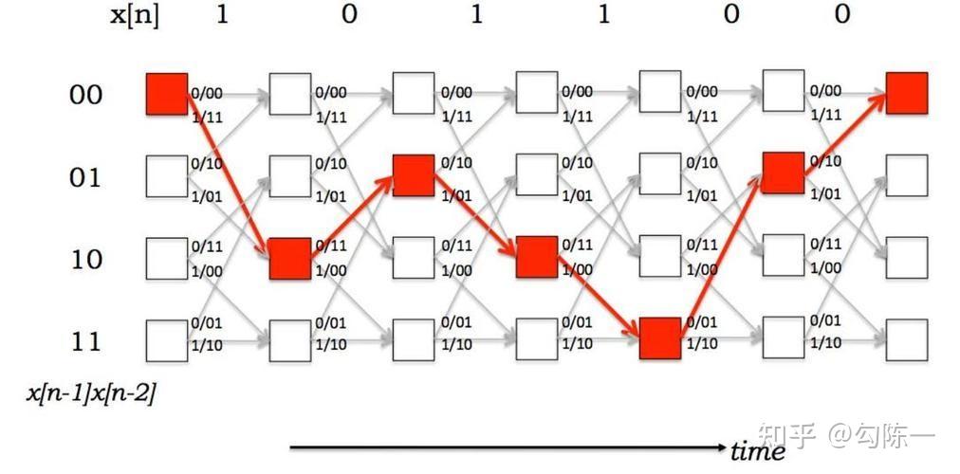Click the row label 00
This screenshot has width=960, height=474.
click(85, 94)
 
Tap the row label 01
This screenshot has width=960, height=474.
click(85, 176)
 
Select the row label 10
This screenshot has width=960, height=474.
click(85, 258)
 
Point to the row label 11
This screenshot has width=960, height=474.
click(85, 340)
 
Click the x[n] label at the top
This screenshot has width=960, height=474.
click(135, 16)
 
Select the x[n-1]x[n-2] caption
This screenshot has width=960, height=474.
click(91, 392)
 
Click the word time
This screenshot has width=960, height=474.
click(759, 451)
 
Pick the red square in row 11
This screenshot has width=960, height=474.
click(660, 338)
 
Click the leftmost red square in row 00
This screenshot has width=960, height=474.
click(167, 93)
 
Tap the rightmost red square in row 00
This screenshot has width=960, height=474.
click(907, 93)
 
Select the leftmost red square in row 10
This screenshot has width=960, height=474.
click(290, 258)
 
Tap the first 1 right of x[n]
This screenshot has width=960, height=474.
click(222, 15)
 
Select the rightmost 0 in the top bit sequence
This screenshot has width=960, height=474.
click(843, 15)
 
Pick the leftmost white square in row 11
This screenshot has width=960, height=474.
click(167, 340)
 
